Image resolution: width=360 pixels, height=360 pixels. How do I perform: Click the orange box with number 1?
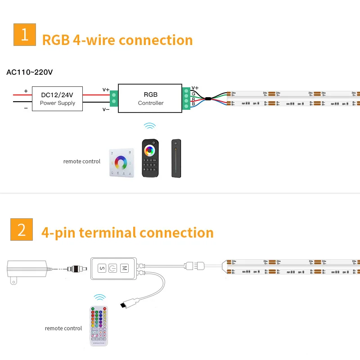click(x=25, y=35)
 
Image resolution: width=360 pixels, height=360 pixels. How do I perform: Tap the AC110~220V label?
click(x=30, y=72)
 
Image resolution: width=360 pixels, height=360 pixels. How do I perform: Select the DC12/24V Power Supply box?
click(x=58, y=99)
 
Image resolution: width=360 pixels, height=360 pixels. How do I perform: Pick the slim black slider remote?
click(x=176, y=157)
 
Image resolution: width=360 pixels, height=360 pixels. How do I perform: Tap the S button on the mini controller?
click(x=101, y=268)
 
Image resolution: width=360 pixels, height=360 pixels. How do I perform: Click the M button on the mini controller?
click(x=124, y=268)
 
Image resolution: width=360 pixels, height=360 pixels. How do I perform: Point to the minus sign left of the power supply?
click(x=26, y=108)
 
